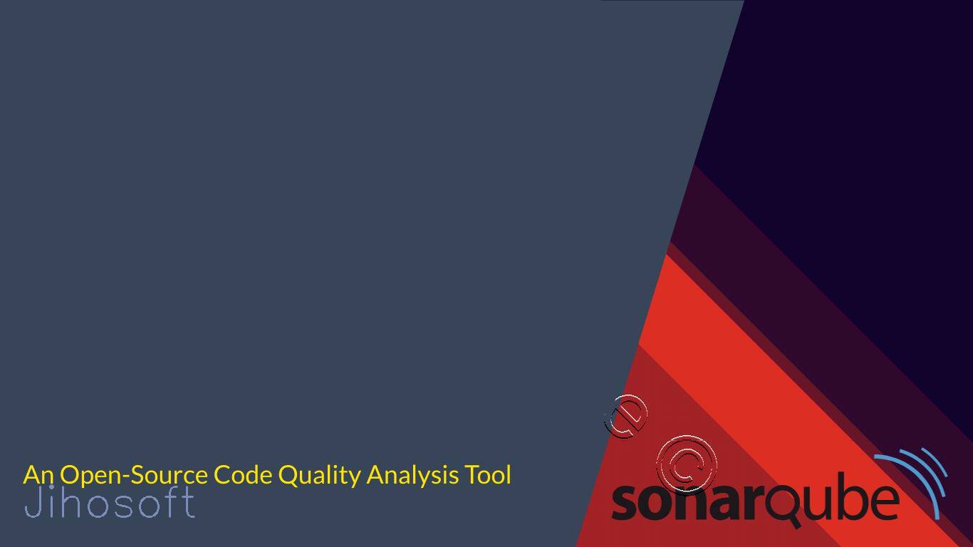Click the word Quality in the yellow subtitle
319,476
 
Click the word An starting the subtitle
38,474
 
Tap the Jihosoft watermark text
110,502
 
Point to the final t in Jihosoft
189,502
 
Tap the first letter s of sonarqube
624,502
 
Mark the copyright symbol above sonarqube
687,464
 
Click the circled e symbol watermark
626,416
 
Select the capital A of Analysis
376,474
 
